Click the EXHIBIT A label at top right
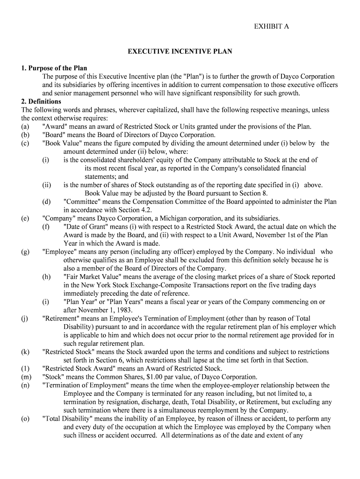[271, 27]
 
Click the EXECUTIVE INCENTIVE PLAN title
[180, 51]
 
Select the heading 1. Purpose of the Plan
[54, 68]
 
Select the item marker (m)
[26, 377]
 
